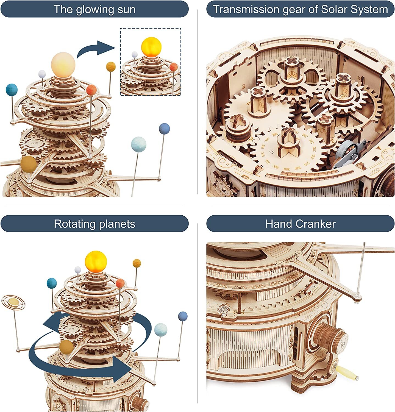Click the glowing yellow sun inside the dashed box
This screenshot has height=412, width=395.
click(x=151, y=47)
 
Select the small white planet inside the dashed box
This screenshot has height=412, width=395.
click(x=134, y=54)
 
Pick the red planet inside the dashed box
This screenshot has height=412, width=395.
click(x=173, y=67)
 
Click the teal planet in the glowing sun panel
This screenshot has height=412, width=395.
click(x=12, y=90)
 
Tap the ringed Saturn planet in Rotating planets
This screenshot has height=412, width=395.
click(x=13, y=302)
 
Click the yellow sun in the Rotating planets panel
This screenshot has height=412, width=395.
click(x=96, y=261)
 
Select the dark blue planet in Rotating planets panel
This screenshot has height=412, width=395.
click(x=183, y=316)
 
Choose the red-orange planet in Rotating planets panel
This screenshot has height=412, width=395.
click(x=120, y=283)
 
